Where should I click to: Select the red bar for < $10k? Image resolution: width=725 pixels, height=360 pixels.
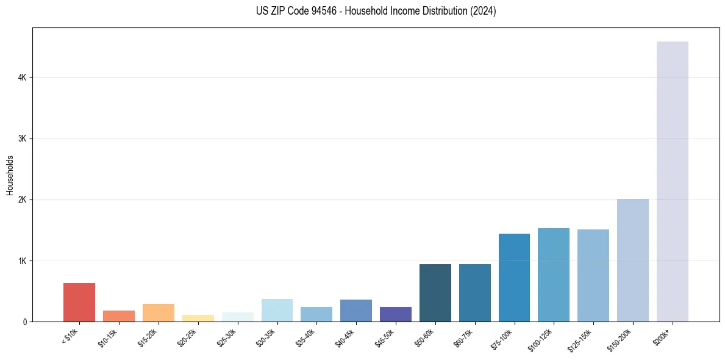pos(79,302)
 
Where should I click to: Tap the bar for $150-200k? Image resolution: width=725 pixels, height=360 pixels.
pos(632,260)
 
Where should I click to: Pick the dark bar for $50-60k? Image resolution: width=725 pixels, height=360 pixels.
pos(435,293)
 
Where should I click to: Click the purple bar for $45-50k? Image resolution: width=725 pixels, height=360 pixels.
pos(396,314)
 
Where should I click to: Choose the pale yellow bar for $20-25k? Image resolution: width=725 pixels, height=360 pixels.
pos(198,318)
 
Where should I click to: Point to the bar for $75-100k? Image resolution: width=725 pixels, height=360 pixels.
pos(514,278)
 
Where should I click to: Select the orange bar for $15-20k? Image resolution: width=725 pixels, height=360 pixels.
pos(159,312)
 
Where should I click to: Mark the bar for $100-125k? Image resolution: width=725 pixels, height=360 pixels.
pos(554,275)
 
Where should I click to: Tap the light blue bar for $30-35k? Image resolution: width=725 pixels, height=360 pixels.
pos(277,310)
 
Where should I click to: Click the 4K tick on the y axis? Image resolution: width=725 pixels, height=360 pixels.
pos(21,77)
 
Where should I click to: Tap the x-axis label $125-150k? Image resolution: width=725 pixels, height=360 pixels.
pos(580,339)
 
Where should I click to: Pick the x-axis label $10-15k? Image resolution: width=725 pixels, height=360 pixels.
pos(107,337)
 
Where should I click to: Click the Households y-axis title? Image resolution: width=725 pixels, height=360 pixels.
pos(10,175)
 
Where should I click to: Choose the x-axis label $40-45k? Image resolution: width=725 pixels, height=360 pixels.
pos(345,337)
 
